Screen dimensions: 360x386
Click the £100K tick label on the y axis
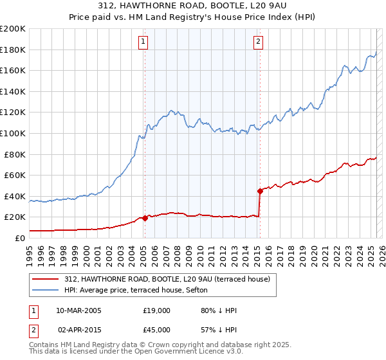(x=13, y=133)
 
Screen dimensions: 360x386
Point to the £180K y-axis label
(x=13, y=50)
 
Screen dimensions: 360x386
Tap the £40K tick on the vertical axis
(x=15, y=196)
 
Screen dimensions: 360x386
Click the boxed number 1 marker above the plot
(x=142, y=42)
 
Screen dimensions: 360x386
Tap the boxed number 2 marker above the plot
(x=258, y=42)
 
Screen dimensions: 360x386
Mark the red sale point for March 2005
(x=145, y=218)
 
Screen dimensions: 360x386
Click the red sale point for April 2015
(x=260, y=191)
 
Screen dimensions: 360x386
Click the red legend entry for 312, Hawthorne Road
(x=170, y=279)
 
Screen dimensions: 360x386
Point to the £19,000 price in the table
(x=156, y=311)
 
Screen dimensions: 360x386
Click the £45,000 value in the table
(x=156, y=329)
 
